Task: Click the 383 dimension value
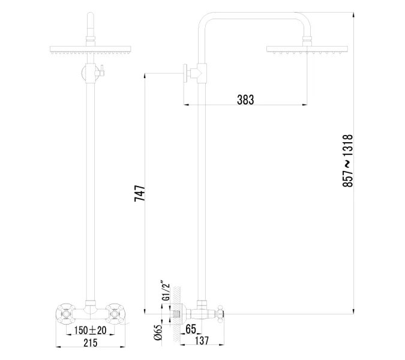pyautogui.click(x=245, y=100)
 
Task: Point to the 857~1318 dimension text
pyautogui.click(x=349, y=161)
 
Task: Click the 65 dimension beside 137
pyautogui.click(x=191, y=329)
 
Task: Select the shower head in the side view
pyautogui.click(x=307, y=50)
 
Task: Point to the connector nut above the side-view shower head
pyautogui.click(x=307, y=41)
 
